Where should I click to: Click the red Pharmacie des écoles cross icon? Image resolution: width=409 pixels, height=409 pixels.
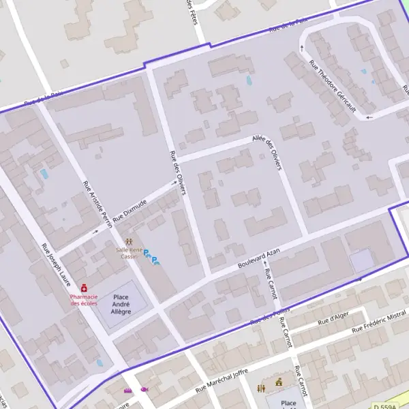(84, 288)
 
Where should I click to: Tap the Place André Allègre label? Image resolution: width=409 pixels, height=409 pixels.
(121, 304)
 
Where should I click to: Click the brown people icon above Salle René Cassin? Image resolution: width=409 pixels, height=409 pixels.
(129, 242)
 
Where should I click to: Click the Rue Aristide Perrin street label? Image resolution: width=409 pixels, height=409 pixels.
(96, 204)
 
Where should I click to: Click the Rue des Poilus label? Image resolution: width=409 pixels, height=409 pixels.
(266, 316)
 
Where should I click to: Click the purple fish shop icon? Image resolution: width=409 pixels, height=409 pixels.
(145, 389)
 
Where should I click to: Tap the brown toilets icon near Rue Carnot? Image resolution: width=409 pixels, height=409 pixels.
(262, 388)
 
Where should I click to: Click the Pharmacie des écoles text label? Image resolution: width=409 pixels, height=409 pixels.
(84, 300)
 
